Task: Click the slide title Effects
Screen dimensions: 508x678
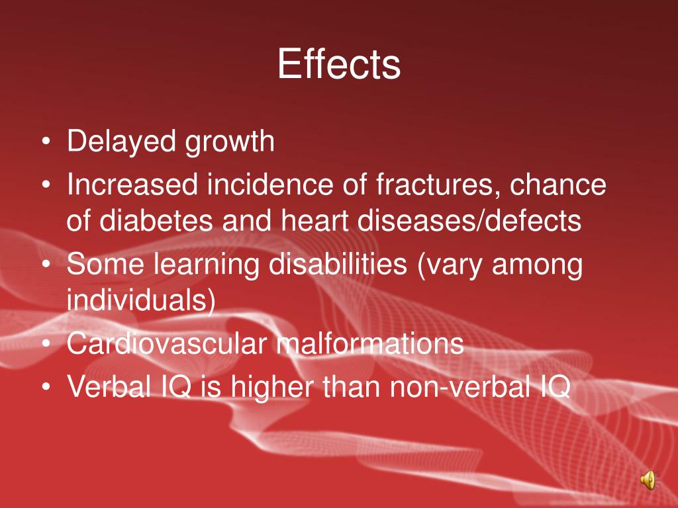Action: point(338,65)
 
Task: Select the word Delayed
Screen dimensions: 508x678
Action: point(121,142)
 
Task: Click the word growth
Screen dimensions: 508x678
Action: point(229,143)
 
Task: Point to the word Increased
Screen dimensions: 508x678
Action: point(132,186)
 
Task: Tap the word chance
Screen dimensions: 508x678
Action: point(558,186)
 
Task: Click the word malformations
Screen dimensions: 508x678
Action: point(370,345)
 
